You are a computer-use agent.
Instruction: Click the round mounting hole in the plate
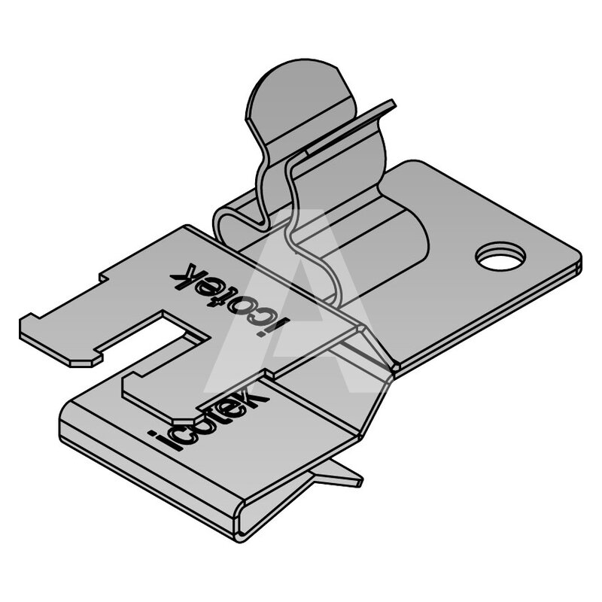click(x=500, y=256)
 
